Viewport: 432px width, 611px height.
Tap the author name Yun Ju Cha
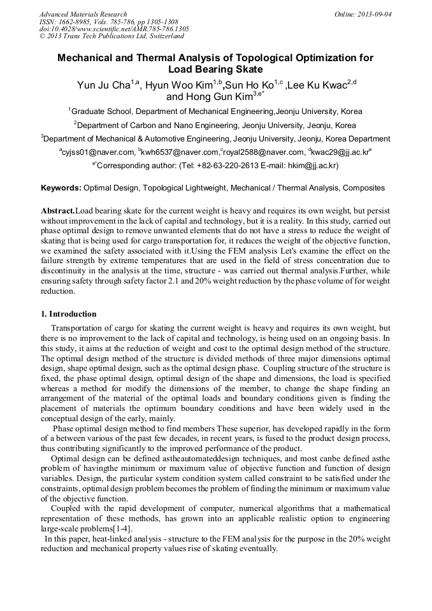pos(103,85)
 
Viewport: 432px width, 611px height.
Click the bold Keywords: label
pos(61,188)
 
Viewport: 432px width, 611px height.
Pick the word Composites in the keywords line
pos(364,188)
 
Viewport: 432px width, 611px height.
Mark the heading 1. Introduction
pos(69,314)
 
